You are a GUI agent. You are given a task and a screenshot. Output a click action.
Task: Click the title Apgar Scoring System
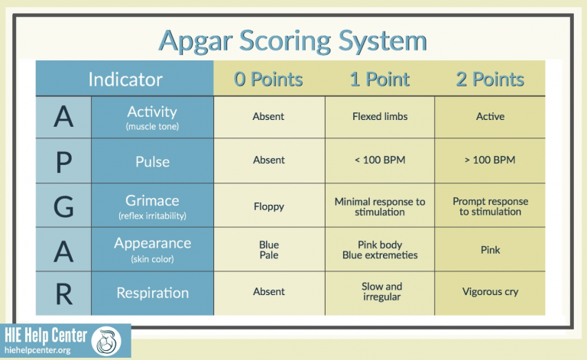(x=293, y=40)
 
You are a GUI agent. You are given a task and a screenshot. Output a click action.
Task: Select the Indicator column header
(x=125, y=79)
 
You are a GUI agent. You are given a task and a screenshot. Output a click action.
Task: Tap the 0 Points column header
(x=268, y=79)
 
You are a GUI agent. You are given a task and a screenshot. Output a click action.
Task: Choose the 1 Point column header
(x=379, y=79)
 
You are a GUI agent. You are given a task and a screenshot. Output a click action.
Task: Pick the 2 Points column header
(x=490, y=79)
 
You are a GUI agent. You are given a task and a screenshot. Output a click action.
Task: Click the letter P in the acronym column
(x=63, y=161)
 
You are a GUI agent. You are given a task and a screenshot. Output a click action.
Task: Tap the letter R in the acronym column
(x=63, y=293)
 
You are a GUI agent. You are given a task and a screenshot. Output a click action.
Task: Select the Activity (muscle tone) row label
(x=152, y=117)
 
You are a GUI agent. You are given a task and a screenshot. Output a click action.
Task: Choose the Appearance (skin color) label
(x=152, y=248)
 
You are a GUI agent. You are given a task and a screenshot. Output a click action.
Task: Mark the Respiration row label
(x=152, y=293)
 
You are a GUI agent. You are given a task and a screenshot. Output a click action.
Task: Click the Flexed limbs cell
(x=379, y=117)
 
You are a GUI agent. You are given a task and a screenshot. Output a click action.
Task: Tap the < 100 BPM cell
(x=379, y=161)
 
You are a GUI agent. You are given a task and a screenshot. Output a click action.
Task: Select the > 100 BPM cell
(x=490, y=161)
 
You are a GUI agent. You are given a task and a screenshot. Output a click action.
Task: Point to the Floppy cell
(x=268, y=206)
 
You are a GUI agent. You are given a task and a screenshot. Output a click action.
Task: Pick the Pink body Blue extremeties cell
(x=379, y=250)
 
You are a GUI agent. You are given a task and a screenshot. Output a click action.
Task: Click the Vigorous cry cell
(x=490, y=292)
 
